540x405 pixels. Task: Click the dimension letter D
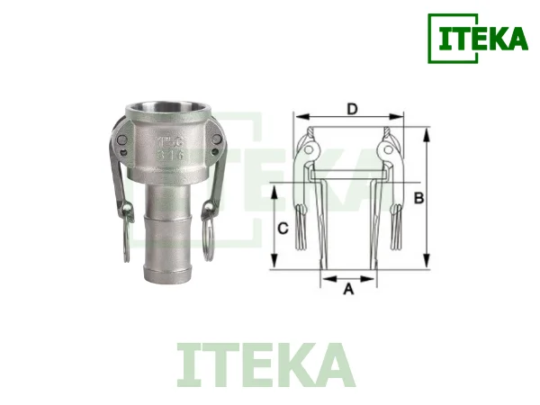coord(353,110)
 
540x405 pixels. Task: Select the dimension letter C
coord(283,229)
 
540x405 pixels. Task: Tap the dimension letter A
coord(349,289)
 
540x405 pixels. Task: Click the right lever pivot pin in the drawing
coord(388,147)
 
